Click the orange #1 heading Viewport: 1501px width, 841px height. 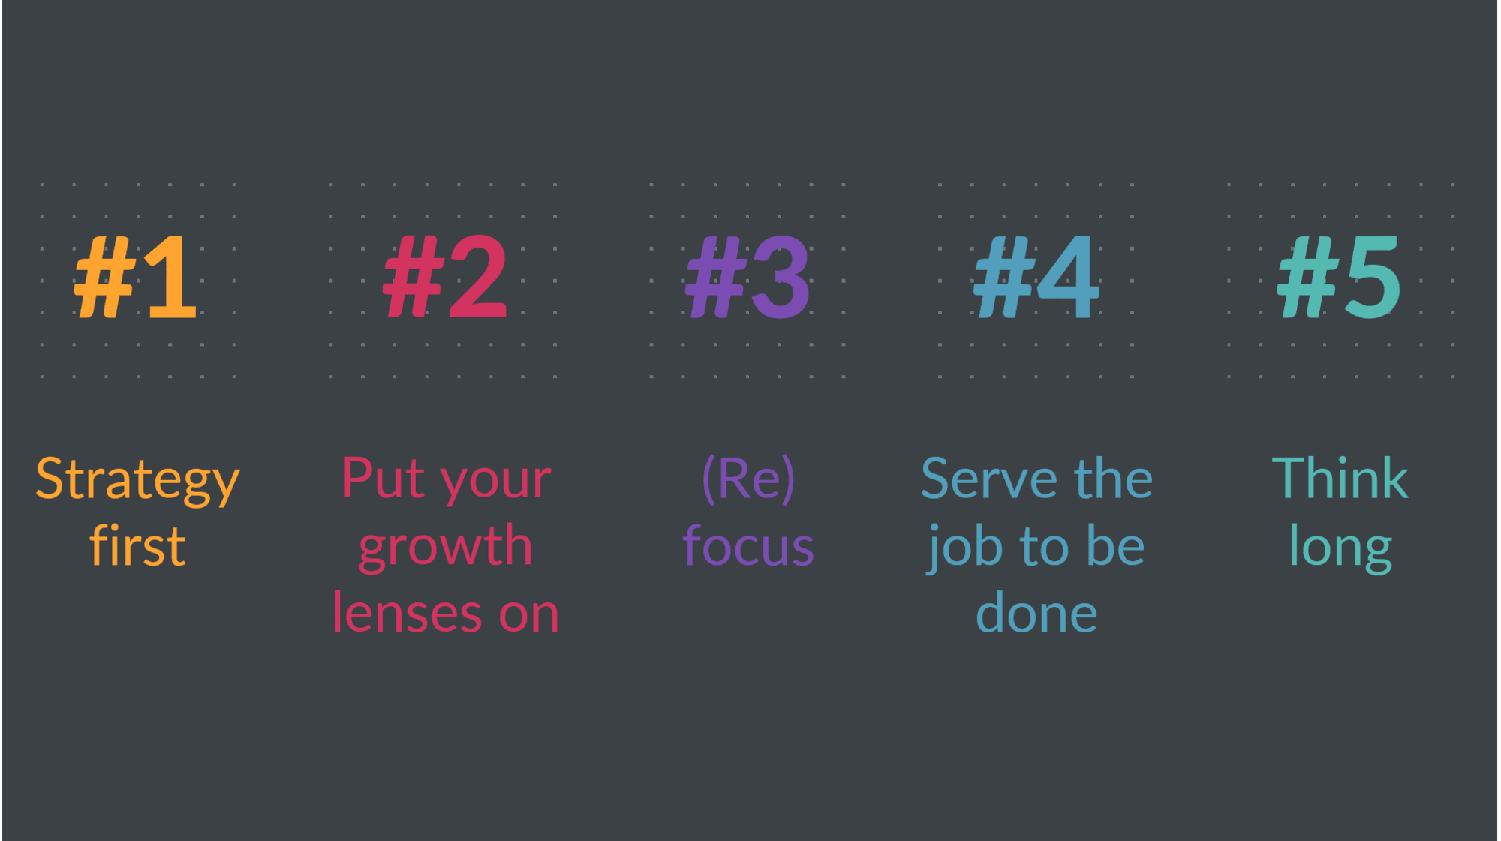(x=136, y=277)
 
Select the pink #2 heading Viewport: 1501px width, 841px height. (x=445, y=277)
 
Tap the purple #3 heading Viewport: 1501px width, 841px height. (x=748, y=277)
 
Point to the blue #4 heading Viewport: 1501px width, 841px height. (x=1036, y=277)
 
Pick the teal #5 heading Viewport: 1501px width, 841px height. (x=1340, y=277)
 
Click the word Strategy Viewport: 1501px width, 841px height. (x=138, y=481)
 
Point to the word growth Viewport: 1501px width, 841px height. (x=446, y=548)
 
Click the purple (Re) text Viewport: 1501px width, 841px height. (x=748, y=480)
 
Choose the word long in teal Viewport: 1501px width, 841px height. (x=1340, y=548)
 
